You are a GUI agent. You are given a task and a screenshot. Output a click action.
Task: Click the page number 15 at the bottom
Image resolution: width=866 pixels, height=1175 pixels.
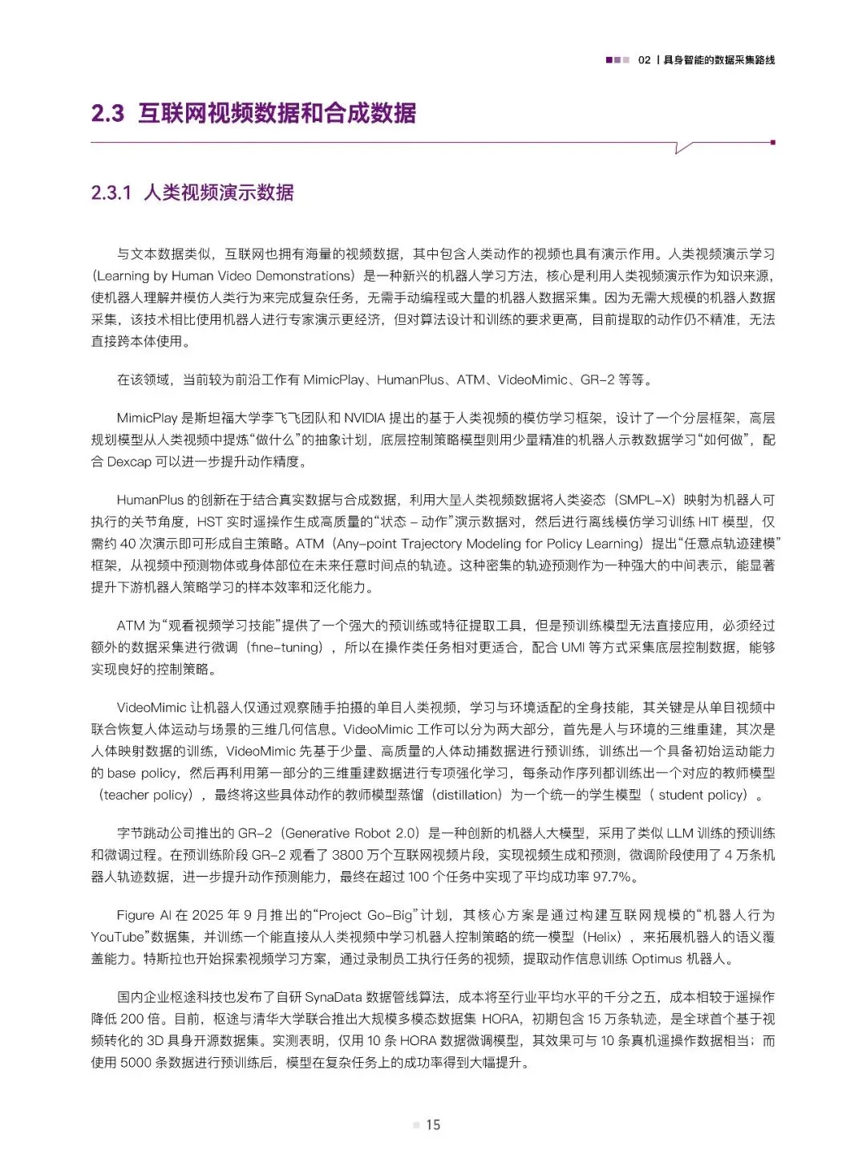tap(433, 1124)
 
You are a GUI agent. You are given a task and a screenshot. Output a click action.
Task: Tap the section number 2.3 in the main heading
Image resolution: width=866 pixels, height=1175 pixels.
tap(107, 113)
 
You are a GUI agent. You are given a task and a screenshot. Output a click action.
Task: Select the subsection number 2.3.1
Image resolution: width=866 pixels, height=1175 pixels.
tap(111, 192)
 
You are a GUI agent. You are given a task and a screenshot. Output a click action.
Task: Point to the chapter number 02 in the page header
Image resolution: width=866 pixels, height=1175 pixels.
tap(644, 60)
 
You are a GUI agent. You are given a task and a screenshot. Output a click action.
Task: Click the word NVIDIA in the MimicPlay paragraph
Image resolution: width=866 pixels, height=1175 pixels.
tap(365, 418)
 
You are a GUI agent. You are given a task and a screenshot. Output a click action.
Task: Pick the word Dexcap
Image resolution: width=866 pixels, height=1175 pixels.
tap(129, 461)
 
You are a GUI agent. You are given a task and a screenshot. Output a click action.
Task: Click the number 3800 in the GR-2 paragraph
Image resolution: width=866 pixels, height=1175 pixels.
tap(347, 855)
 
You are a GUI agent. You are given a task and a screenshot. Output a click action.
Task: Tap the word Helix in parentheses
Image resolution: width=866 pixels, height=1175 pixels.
tap(601, 937)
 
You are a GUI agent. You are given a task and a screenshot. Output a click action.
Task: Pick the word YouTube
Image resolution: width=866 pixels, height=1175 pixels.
tap(117, 937)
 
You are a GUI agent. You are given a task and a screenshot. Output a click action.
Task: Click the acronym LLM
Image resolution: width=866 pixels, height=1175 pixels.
tap(680, 833)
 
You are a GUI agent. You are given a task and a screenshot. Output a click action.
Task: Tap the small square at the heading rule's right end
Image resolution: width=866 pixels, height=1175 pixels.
tap(772, 142)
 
